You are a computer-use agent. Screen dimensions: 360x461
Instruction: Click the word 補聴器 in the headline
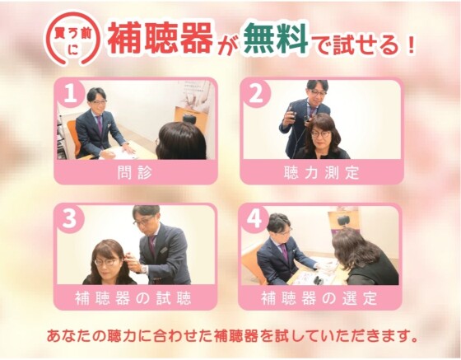click(156, 38)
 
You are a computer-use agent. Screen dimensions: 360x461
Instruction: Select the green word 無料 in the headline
click(274, 37)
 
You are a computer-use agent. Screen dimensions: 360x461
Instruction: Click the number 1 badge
click(72, 95)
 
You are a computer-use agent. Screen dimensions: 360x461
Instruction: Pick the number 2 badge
click(257, 95)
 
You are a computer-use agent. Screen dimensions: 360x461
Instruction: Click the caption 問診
click(136, 173)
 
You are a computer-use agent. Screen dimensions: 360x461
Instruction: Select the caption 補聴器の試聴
click(136, 297)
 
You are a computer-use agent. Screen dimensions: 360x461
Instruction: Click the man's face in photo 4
click(281, 228)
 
